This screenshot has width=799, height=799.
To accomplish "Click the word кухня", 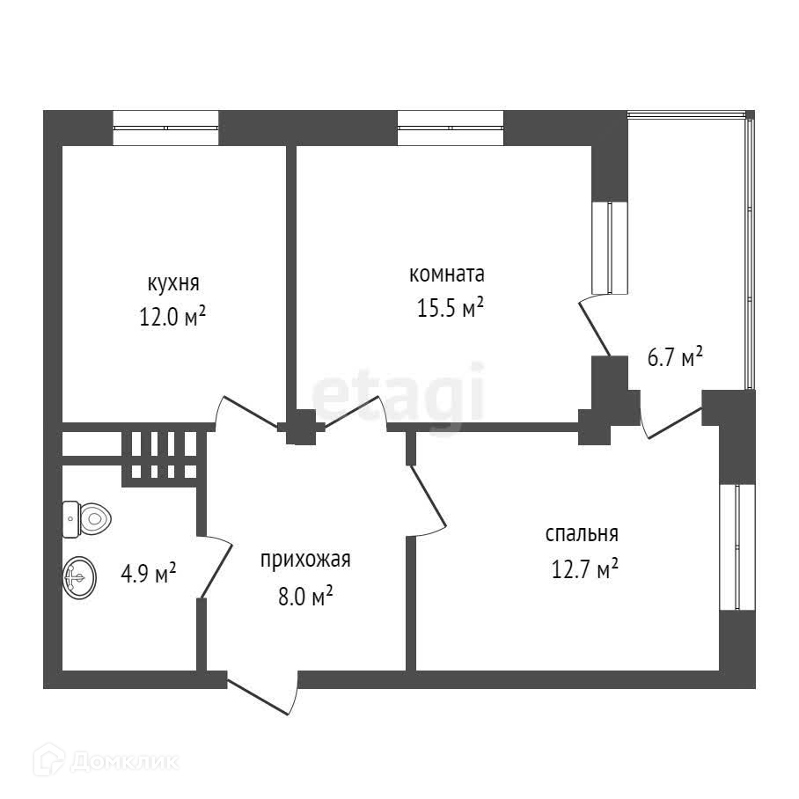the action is click(173, 283).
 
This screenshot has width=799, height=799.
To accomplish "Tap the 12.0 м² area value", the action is click(173, 317).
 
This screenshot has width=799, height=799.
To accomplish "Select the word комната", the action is click(447, 274).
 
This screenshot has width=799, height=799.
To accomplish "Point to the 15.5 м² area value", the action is click(449, 308).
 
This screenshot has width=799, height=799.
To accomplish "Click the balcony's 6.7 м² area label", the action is click(674, 358).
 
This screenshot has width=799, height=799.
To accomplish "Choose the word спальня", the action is click(582, 533).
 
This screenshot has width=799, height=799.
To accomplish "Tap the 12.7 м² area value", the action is click(584, 569).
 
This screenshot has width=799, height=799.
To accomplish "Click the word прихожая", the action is click(305, 560).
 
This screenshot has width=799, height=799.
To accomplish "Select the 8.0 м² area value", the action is click(304, 597).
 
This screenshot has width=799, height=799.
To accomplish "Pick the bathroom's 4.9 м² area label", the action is click(148, 575).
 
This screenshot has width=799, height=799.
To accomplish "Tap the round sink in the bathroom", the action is click(78, 578).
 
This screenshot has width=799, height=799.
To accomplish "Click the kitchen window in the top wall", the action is click(165, 128).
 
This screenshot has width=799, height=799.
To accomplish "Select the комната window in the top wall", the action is click(450, 128).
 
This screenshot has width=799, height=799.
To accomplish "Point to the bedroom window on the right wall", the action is click(737, 546).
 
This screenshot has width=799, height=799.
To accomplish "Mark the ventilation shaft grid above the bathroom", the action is click(164, 455).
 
